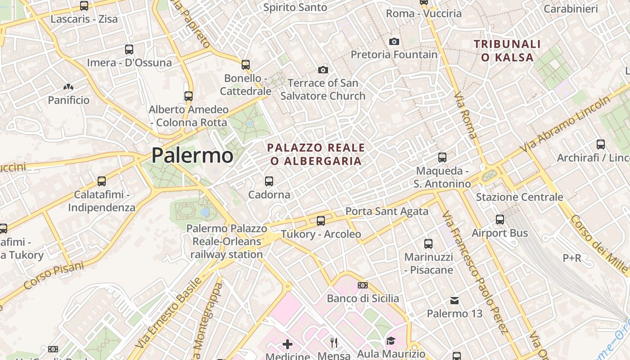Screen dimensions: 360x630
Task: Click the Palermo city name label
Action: [192, 156]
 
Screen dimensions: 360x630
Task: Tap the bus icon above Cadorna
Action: [269, 181]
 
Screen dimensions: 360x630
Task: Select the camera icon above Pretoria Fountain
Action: [394, 41]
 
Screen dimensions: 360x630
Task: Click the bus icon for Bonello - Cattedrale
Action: [245, 65]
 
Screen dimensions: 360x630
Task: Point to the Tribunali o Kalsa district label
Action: [507, 50]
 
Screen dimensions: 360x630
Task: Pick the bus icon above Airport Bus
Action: [500, 220]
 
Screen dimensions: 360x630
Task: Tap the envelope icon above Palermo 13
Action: [454, 300]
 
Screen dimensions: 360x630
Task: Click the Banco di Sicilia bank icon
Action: [363, 285]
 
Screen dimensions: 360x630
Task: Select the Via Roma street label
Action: [465, 115]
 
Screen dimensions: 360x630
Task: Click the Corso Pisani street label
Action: [54, 275]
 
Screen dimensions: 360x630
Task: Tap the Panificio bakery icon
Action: [68, 87]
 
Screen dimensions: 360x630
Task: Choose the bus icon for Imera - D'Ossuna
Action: [129, 49]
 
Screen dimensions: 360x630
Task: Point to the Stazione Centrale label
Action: [519, 197]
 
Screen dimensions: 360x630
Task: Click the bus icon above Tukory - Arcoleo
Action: [321, 221]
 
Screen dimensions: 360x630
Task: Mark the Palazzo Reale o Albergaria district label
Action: [316, 154]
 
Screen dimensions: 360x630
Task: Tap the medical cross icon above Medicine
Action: [288, 345]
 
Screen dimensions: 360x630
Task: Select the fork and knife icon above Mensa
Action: [334, 343]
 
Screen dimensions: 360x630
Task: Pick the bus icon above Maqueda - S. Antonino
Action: [442, 157]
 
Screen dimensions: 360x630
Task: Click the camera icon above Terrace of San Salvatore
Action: [323, 70]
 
